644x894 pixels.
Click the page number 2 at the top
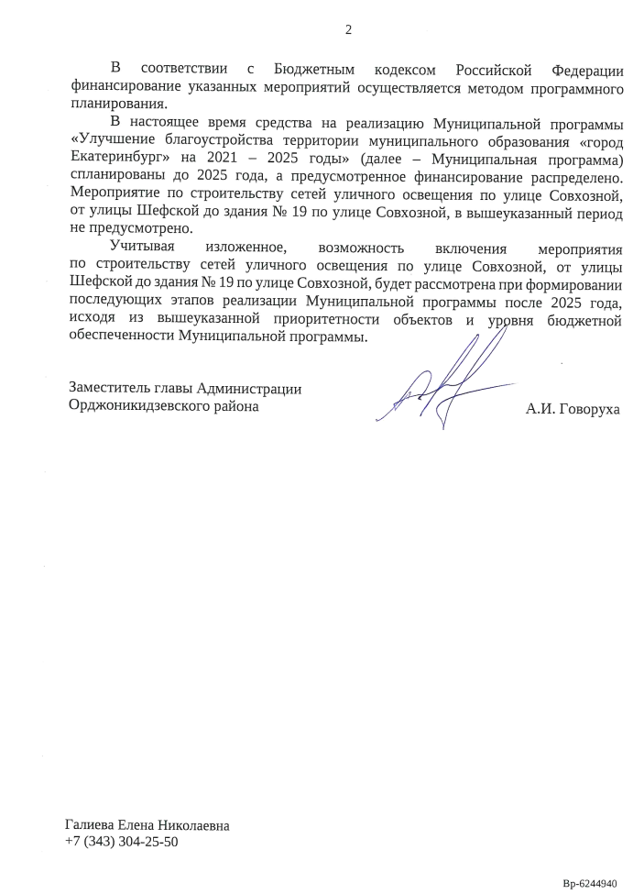[348, 29]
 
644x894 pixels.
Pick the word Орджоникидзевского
[139, 406]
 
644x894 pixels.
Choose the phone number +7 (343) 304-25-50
[122, 842]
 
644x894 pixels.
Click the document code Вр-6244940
[595, 883]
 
